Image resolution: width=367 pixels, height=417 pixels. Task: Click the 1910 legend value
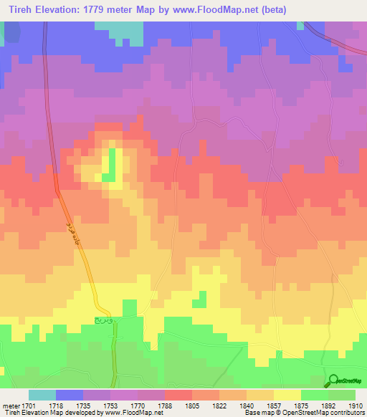click(x=356, y=405)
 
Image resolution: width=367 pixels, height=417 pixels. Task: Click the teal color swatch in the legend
click(x=42, y=395)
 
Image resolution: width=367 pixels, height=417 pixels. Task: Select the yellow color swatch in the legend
click(x=287, y=395)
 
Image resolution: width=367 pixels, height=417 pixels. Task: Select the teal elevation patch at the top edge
click(x=118, y=30)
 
